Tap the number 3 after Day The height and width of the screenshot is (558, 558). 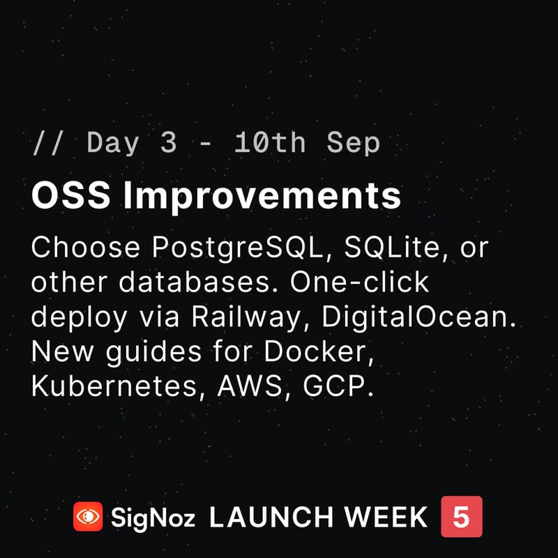[168, 143]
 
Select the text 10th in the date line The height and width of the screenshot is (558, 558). [270, 143]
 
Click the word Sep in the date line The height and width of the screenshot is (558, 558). [353, 143]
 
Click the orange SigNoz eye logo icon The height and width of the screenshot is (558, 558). [88, 517]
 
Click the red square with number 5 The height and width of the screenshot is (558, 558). [461, 517]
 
